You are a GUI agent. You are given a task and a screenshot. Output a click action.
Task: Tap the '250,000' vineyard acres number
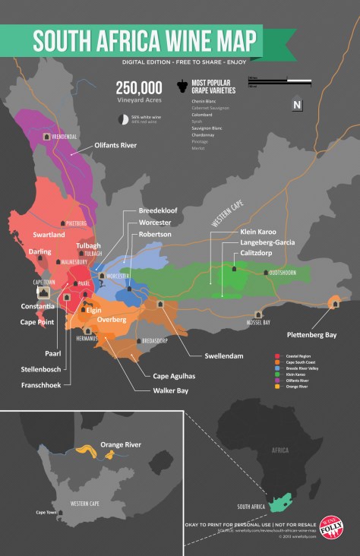[139, 87]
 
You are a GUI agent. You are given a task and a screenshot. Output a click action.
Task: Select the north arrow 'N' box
[298, 105]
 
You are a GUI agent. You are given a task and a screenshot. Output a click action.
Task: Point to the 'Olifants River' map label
[115, 144]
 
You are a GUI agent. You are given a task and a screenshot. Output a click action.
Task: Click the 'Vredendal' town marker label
[65, 136]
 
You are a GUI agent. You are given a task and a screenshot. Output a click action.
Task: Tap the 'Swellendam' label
[204, 355]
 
